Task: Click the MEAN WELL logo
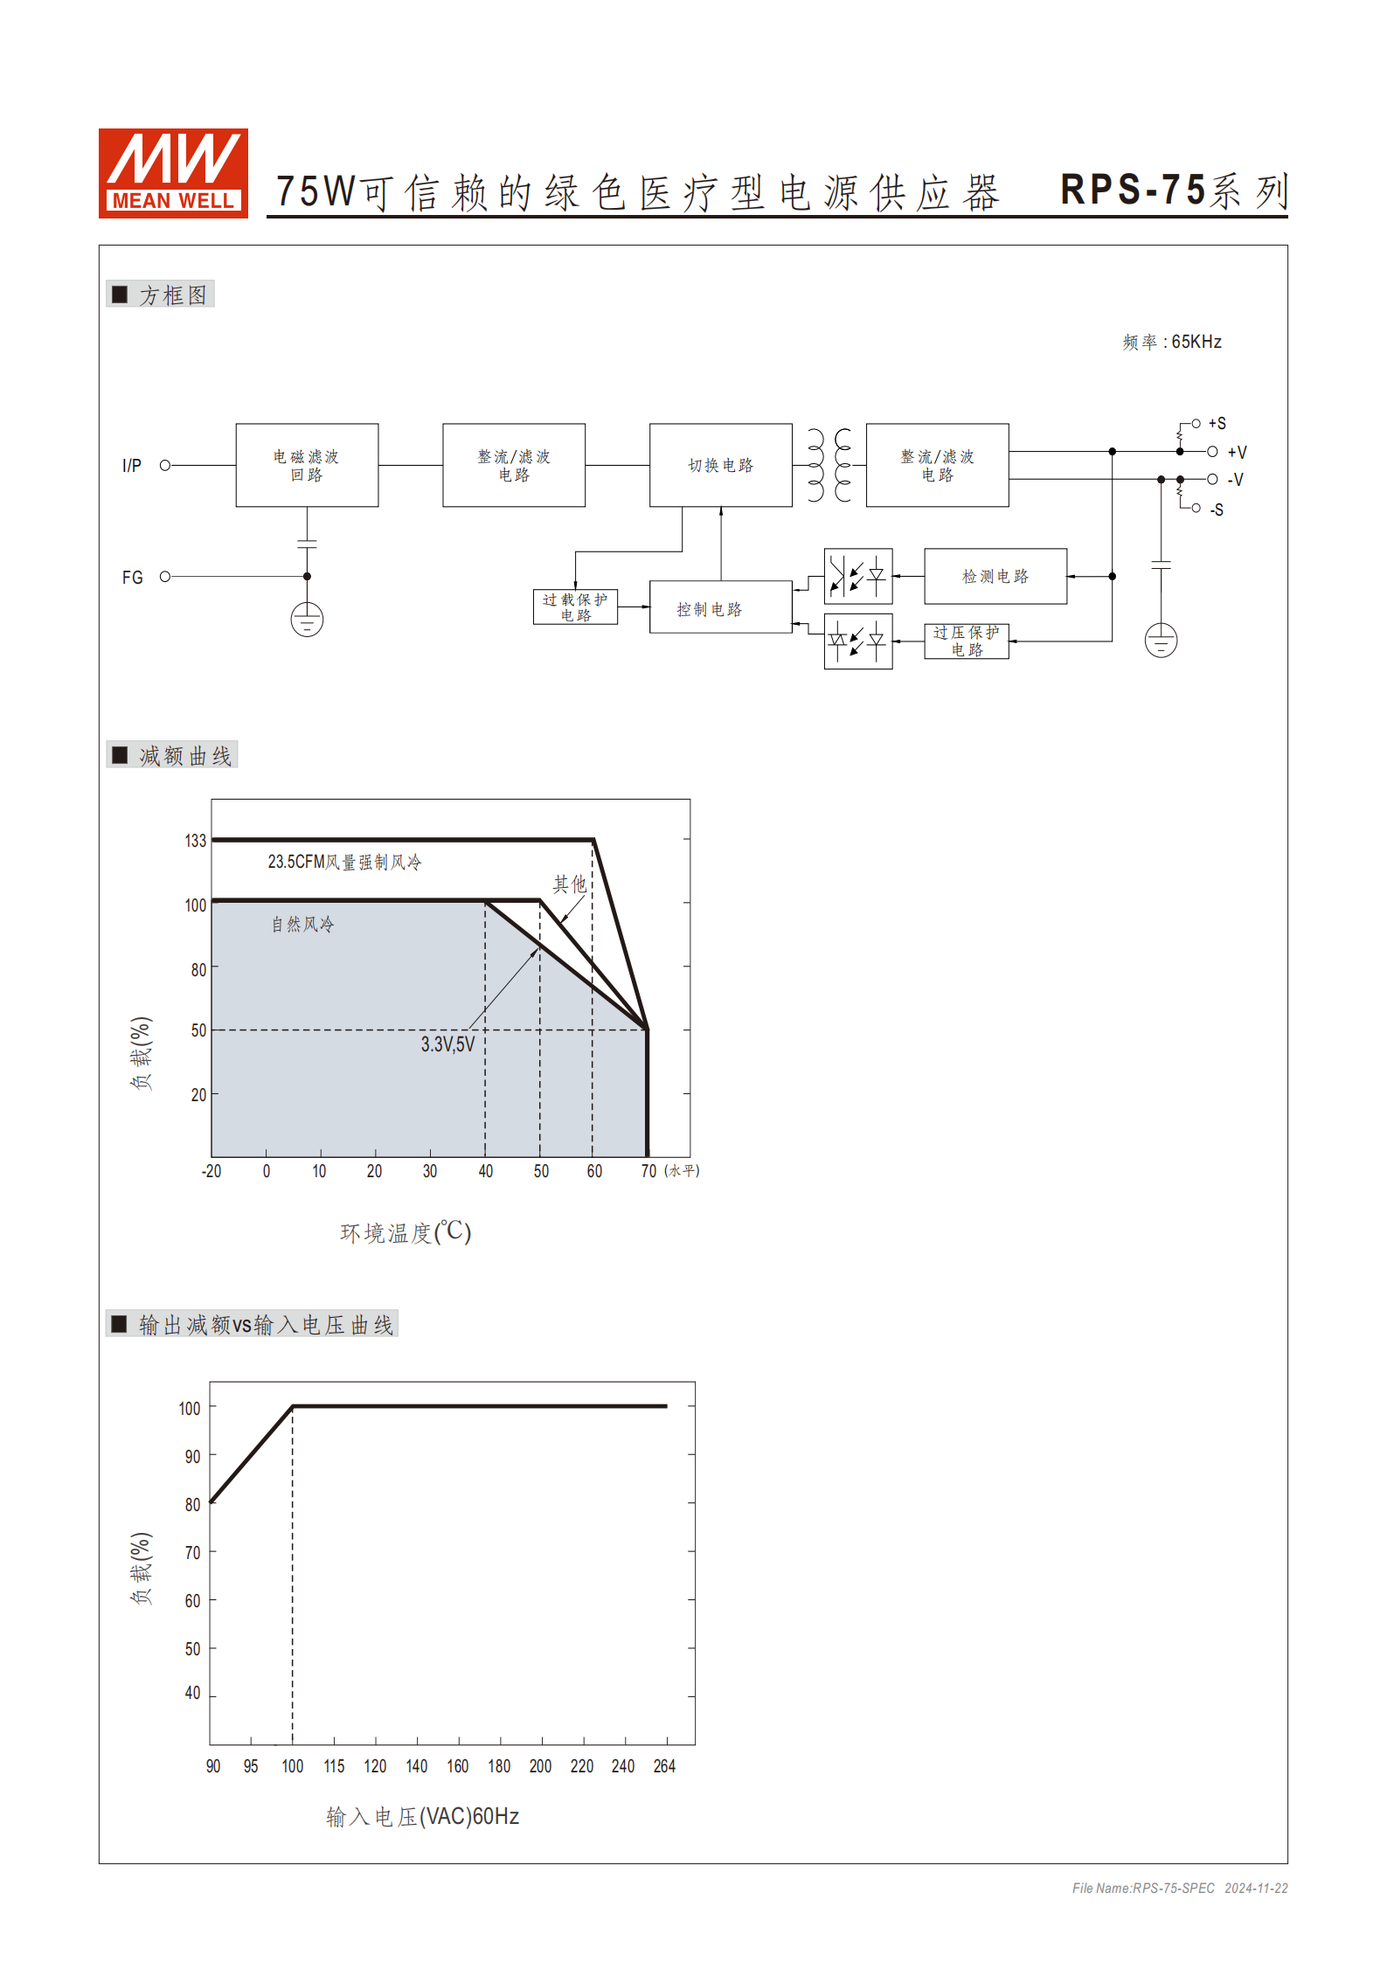click(x=173, y=173)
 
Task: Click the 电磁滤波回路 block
click(x=307, y=465)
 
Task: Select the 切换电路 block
click(x=720, y=465)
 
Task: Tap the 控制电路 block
click(x=720, y=608)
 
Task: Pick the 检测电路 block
click(x=995, y=576)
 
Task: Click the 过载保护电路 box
click(x=575, y=607)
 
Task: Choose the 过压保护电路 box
click(x=966, y=641)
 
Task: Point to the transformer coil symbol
click(x=829, y=465)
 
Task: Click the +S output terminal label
click(x=1217, y=424)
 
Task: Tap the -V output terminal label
click(x=1235, y=480)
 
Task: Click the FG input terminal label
click(x=132, y=578)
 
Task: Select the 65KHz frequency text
click(x=1196, y=342)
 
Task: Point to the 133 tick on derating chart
click(x=195, y=841)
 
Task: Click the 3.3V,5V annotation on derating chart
click(x=447, y=1044)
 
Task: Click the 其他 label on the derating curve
click(x=569, y=884)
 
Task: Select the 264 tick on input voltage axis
click(x=664, y=1766)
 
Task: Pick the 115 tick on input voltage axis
click(x=334, y=1766)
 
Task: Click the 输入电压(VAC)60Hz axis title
click(x=423, y=1817)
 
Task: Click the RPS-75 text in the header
click(x=1133, y=190)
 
